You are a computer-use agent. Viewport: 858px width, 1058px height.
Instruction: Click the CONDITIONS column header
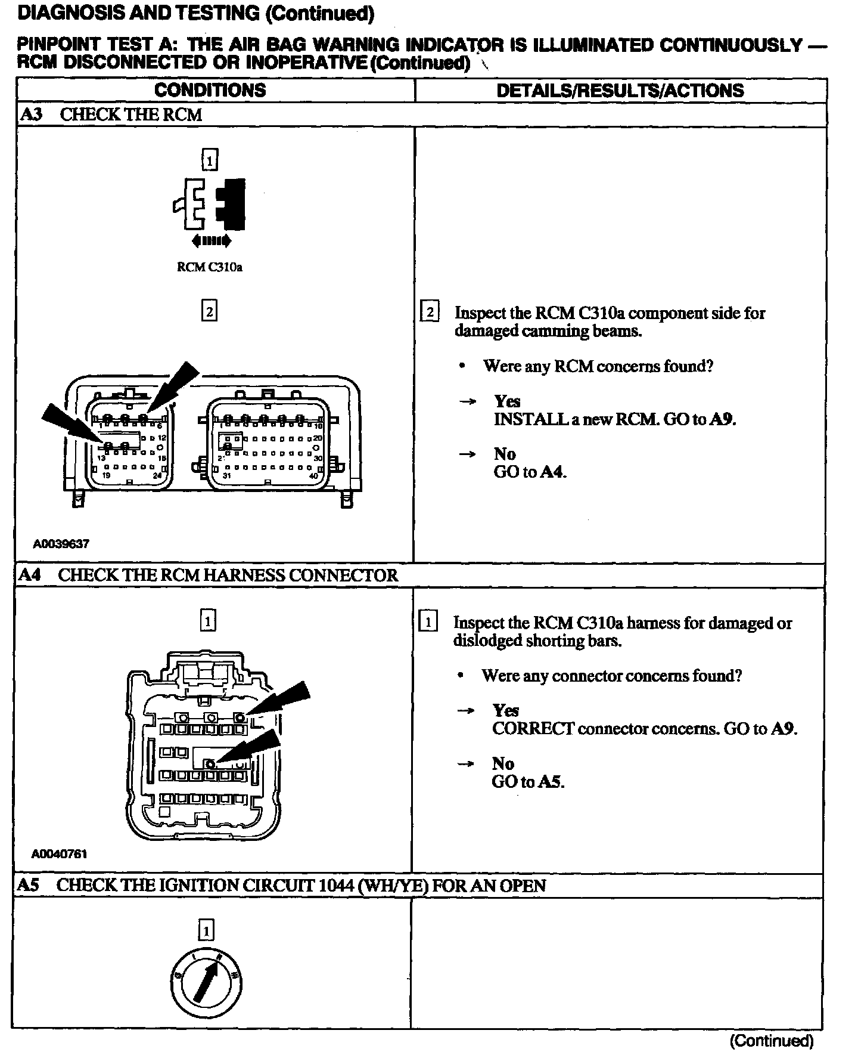210,90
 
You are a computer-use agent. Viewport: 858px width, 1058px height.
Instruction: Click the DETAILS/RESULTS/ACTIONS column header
620,90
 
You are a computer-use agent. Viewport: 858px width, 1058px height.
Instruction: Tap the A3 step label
31,115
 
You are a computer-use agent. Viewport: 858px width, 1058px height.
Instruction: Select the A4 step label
30,575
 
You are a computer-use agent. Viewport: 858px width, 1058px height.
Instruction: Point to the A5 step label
29,885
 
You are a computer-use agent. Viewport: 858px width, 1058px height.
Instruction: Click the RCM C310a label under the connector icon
209,267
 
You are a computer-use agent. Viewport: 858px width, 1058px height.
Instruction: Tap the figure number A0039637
61,543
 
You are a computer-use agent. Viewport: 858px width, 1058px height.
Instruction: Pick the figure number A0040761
60,853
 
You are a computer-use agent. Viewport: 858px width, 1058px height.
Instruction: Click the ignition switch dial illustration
206,982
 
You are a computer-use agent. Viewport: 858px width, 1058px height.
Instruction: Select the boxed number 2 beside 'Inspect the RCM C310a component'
430,313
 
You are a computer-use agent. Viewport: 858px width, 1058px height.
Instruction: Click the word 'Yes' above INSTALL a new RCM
507,401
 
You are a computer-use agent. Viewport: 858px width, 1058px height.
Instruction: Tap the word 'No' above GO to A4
504,454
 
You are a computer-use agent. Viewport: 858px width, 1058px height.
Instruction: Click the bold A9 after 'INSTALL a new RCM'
723,419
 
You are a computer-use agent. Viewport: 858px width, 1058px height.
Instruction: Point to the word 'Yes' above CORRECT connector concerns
505,710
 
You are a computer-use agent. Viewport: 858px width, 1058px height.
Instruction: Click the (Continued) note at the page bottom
771,1041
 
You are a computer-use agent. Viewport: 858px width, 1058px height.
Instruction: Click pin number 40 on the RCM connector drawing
313,475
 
